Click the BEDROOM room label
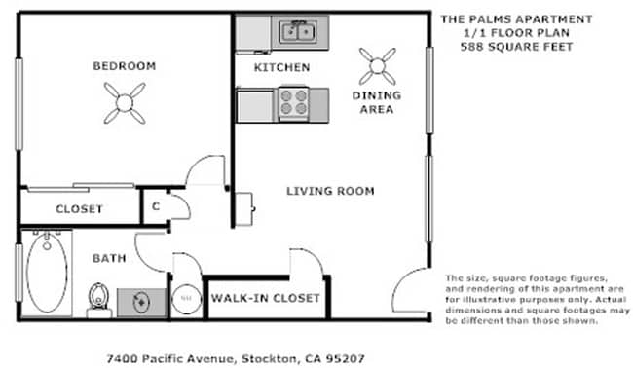click(124, 66)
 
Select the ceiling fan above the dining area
click(377, 66)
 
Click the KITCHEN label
click(281, 67)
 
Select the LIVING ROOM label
click(330, 191)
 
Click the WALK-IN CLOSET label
click(266, 298)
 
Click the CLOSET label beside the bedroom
click(79, 208)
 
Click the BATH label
click(109, 258)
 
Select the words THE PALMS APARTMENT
click(515, 18)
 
